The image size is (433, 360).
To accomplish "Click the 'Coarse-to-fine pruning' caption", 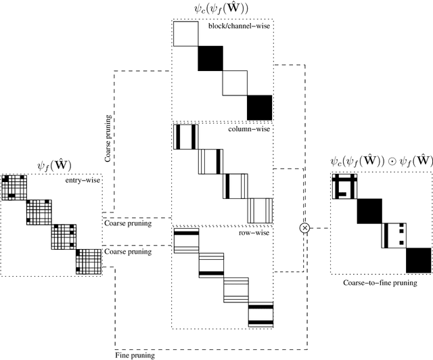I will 381,283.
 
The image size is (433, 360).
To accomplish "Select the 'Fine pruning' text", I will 135,354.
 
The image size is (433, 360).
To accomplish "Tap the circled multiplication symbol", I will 304,229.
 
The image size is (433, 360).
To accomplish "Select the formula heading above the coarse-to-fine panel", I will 381,162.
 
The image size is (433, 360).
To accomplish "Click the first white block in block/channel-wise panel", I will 186,34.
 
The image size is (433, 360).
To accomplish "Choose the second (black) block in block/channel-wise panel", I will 210,59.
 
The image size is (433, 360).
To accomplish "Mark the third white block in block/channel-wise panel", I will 235,83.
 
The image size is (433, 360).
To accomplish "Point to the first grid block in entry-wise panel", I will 14,187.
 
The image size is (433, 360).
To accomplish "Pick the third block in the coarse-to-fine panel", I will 394,235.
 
